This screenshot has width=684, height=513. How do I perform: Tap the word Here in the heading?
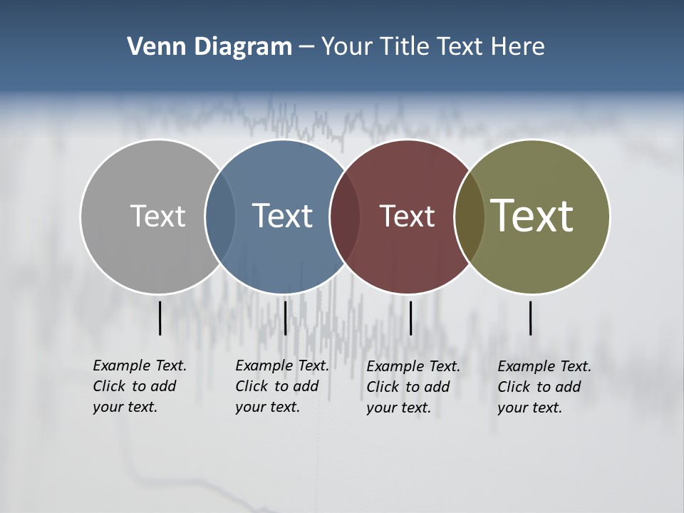pyautogui.click(x=518, y=47)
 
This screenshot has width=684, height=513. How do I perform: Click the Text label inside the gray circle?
pyautogui.click(x=157, y=216)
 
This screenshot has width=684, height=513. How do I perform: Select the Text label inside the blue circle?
pyautogui.click(x=283, y=216)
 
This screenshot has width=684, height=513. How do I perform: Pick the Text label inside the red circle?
pyautogui.click(x=407, y=216)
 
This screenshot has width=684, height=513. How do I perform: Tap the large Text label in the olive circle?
pyautogui.click(x=532, y=216)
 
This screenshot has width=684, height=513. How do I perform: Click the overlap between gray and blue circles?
pyautogui.click(x=220, y=217)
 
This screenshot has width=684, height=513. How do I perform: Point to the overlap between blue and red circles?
pyautogui.click(x=345, y=217)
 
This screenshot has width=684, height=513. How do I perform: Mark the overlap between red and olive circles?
pyautogui.click(x=469, y=217)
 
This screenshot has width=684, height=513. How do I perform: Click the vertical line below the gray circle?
pyautogui.click(x=160, y=318)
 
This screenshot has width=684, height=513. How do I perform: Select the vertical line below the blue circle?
pyautogui.click(x=285, y=318)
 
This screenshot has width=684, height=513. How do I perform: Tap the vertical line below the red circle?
pyautogui.click(x=410, y=318)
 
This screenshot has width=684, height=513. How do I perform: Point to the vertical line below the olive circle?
pyautogui.click(x=531, y=318)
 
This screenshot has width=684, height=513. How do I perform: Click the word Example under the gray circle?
pyautogui.click(x=120, y=366)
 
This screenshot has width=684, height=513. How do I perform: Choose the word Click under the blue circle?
pyautogui.click(x=252, y=386)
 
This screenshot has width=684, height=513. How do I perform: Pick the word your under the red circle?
pyautogui.click(x=381, y=408)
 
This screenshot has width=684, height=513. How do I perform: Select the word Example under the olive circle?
pyautogui.click(x=525, y=366)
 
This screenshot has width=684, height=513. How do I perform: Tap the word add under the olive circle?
pyautogui.click(x=568, y=387)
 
